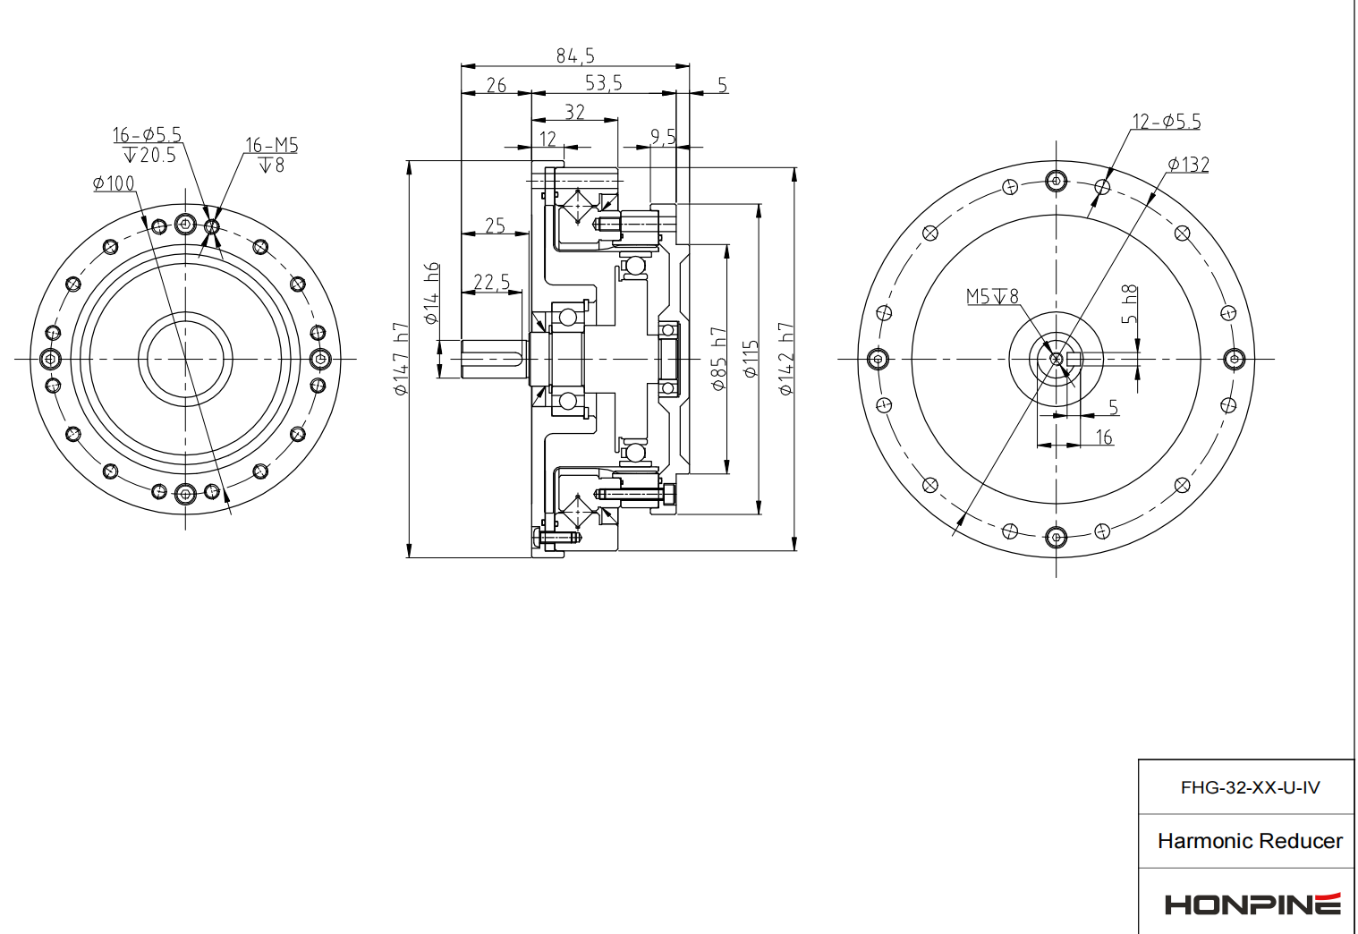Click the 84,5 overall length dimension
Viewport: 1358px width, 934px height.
[x=575, y=55]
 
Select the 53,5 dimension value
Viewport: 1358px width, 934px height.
[x=603, y=83]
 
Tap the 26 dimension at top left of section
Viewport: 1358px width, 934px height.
[x=497, y=85]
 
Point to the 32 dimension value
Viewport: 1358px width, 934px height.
[x=575, y=112]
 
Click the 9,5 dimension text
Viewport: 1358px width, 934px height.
[x=663, y=136]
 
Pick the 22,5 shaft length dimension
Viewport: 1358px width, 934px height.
[x=491, y=283]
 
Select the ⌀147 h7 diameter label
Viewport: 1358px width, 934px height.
[x=401, y=359]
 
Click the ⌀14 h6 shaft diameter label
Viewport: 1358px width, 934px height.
[x=432, y=293]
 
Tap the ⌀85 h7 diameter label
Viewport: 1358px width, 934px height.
[x=719, y=359]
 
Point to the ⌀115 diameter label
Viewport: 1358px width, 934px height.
[x=751, y=359]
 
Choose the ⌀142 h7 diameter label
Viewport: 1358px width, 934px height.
[x=785, y=359]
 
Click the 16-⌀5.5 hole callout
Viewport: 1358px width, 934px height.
[x=147, y=134]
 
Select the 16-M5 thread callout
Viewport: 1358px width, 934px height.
[x=271, y=145]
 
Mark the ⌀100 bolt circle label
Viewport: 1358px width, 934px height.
[x=114, y=183]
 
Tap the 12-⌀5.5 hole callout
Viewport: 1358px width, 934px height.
[x=1167, y=122]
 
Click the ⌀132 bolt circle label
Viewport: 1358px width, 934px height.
[x=1188, y=165]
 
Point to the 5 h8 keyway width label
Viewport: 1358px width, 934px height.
[x=1130, y=305]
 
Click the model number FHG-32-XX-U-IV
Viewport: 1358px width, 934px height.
[x=1250, y=787]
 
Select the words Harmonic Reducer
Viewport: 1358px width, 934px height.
[x=1250, y=841]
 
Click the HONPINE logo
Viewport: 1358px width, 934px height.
[x=1252, y=904]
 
